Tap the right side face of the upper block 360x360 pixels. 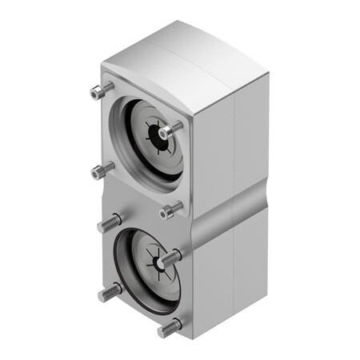click(x=232, y=144)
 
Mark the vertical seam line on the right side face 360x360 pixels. click(x=233, y=160)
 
